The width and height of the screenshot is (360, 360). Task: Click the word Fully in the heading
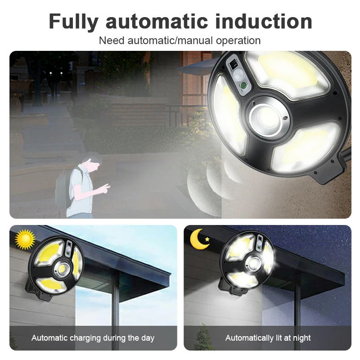73,22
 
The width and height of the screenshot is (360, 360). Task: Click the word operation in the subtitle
238,41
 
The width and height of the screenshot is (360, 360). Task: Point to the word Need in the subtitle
112,40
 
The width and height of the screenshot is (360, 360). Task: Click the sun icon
25,239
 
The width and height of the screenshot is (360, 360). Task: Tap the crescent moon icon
198,239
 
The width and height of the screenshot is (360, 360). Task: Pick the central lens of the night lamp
254,263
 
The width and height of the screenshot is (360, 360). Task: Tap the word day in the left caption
148,338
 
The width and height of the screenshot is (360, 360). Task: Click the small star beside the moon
207,239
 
